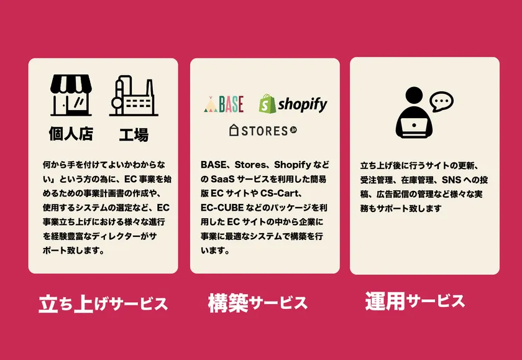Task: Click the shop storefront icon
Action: pos(71,95)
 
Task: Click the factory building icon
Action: pos(134,96)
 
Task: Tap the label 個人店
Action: pos(71,134)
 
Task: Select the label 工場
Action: pos(134,135)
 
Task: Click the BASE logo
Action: pos(224,104)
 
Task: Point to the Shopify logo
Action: pos(293,104)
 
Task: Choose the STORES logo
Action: pos(263,130)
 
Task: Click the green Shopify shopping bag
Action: pos(267,104)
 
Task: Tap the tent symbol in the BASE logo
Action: pos(211,104)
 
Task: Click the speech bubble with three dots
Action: pos(441,101)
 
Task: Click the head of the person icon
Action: pos(414,96)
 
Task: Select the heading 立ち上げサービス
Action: pos(103,304)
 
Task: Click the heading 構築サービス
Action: pos(258,303)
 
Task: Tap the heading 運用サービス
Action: pos(415,301)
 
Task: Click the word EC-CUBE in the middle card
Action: pos(222,208)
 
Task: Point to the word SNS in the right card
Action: pos(451,180)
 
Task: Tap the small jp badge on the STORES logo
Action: pos(293,130)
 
